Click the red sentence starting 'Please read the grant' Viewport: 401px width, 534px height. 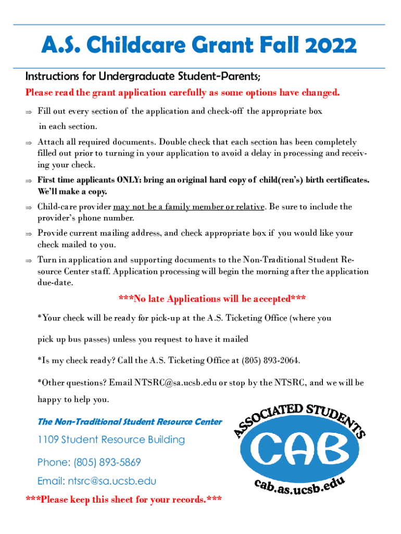[x=183, y=93]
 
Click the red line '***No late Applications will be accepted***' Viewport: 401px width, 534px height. [x=212, y=299]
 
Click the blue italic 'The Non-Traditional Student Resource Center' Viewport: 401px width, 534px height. [x=130, y=422]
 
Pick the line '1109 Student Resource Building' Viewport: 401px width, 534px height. [x=111, y=440]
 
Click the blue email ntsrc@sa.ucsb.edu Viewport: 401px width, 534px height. [x=96, y=481]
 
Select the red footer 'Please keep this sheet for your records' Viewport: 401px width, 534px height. [x=124, y=500]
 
